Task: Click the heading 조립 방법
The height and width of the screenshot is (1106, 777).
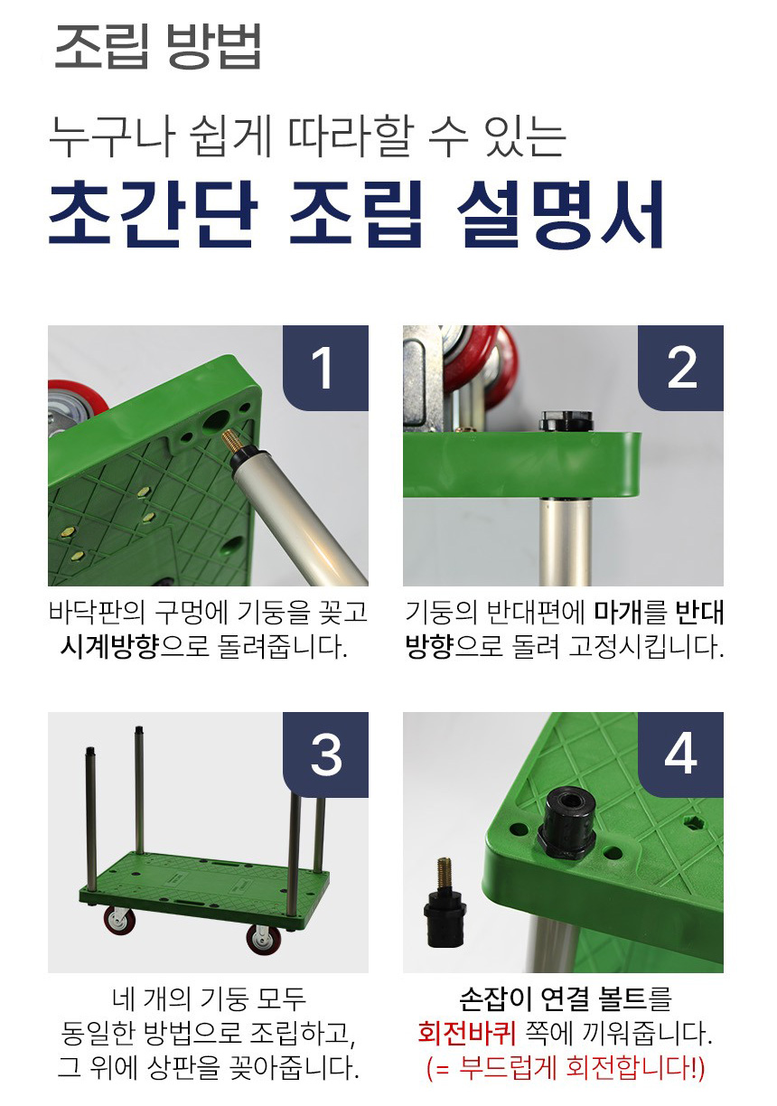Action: (x=157, y=46)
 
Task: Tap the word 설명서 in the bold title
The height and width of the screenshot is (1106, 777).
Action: (x=560, y=214)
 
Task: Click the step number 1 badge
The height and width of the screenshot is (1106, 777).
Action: (x=325, y=368)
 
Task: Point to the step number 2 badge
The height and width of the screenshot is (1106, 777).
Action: (x=680, y=368)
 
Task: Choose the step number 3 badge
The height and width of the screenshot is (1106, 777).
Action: (x=325, y=755)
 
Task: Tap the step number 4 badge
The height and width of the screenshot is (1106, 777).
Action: (x=680, y=755)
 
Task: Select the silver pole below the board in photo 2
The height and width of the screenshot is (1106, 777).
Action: (x=566, y=541)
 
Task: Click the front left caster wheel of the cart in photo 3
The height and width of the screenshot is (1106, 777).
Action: (x=117, y=921)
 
